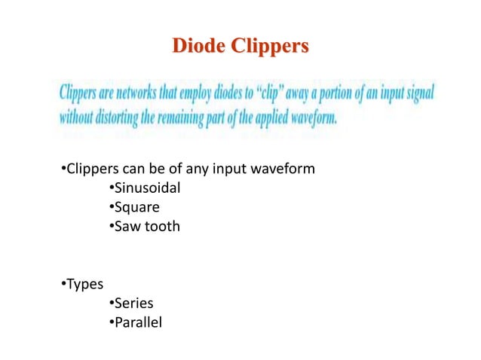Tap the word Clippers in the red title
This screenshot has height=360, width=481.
click(270, 46)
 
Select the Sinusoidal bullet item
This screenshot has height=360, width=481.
click(146, 187)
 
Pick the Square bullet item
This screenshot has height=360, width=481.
click(136, 206)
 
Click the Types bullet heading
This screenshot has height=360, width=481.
click(84, 284)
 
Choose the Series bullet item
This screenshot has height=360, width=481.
click(133, 304)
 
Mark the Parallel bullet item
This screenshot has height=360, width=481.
click(136, 322)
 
